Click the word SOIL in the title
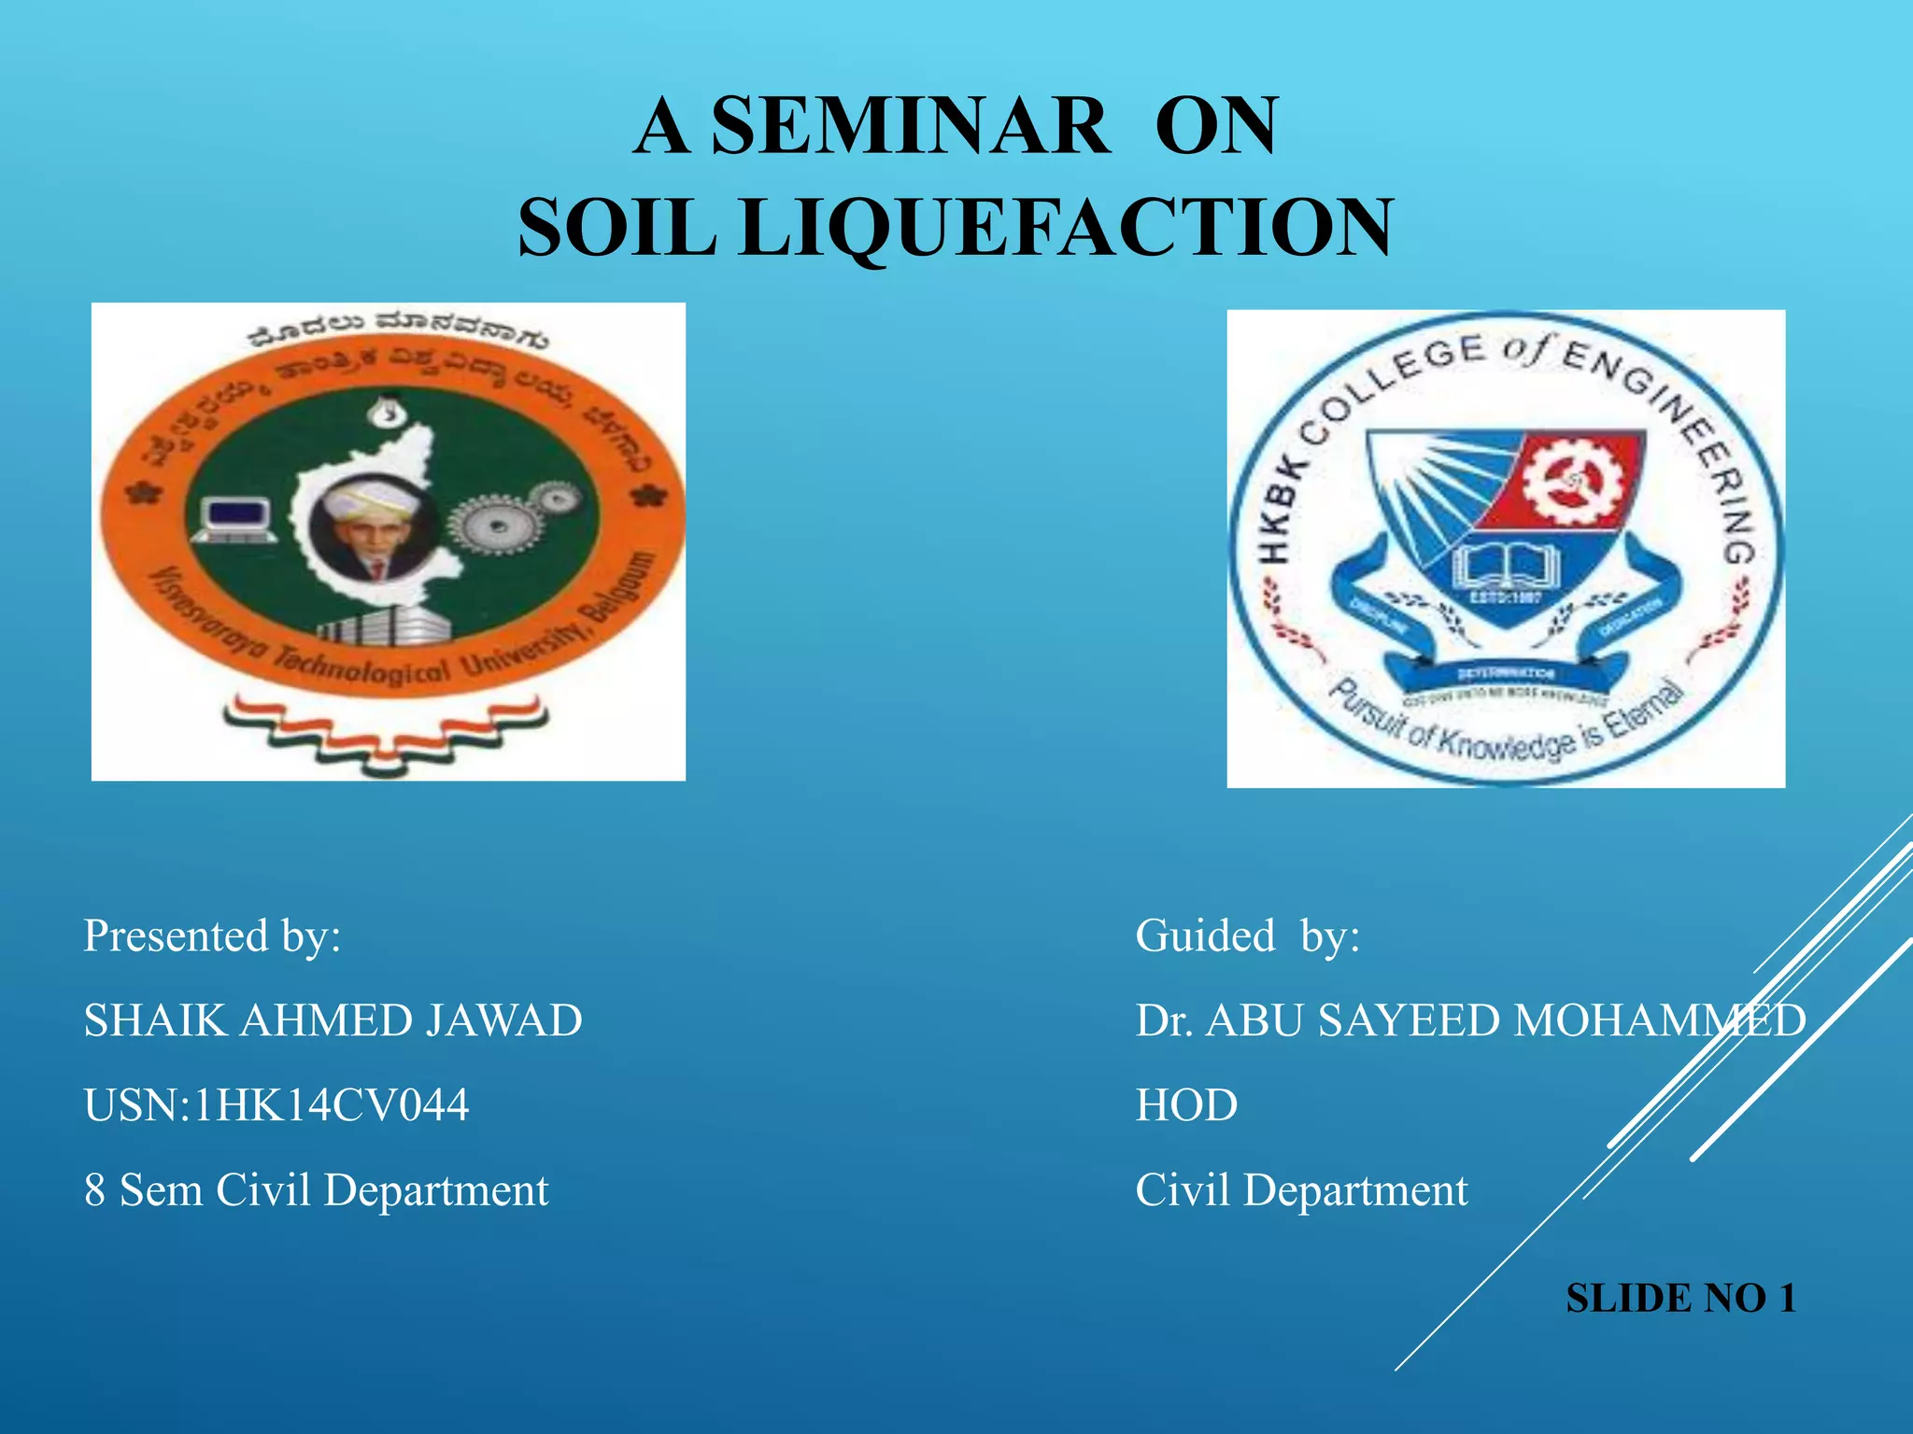(x=617, y=229)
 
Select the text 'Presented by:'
(x=212, y=935)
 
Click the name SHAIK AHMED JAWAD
(x=333, y=1020)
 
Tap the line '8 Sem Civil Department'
(x=316, y=1190)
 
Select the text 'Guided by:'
(x=1247, y=935)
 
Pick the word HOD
(x=1186, y=1105)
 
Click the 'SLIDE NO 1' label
(x=1680, y=1299)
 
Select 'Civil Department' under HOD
(x=1301, y=1190)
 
